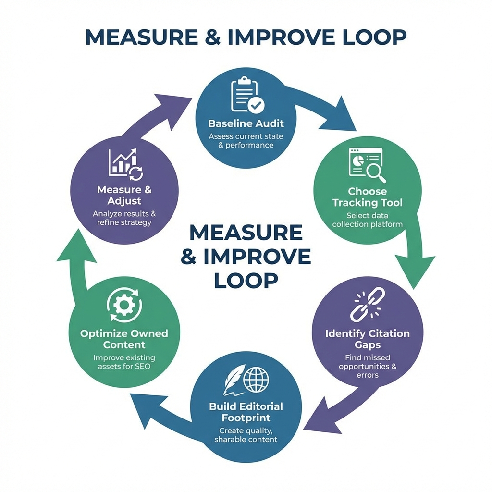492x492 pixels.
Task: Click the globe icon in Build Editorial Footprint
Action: [x=256, y=379]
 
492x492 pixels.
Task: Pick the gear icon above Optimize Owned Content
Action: [x=123, y=305]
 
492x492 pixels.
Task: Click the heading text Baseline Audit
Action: [x=246, y=123]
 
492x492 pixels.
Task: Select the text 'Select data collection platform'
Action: [x=367, y=220]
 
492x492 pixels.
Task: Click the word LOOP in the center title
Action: [x=246, y=280]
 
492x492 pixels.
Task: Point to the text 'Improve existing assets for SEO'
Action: [x=123, y=362]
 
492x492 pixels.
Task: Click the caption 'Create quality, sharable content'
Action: [x=246, y=435]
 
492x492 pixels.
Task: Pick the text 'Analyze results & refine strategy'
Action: [x=124, y=218]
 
